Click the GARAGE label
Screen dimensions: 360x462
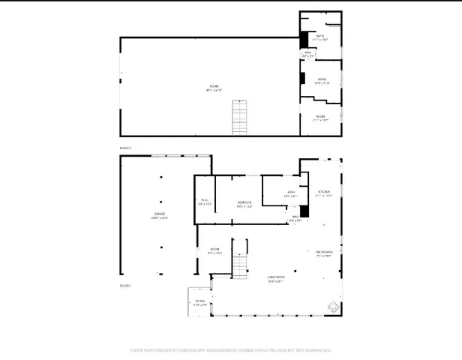tap(160, 215)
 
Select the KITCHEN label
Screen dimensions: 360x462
tap(324, 193)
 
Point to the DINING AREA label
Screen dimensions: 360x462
tap(324, 253)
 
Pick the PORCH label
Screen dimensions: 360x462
tap(199, 302)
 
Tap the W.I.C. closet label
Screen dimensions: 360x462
tap(205, 201)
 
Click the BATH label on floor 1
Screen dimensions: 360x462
tap(292, 194)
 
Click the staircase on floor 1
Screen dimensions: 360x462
tap(238, 259)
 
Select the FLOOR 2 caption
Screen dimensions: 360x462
tap(125, 148)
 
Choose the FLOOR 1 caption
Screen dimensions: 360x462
tap(125, 286)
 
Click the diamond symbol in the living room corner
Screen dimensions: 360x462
tap(331, 305)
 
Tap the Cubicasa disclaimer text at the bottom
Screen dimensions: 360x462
tap(231, 349)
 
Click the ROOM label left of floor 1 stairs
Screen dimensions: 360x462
tap(214, 251)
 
